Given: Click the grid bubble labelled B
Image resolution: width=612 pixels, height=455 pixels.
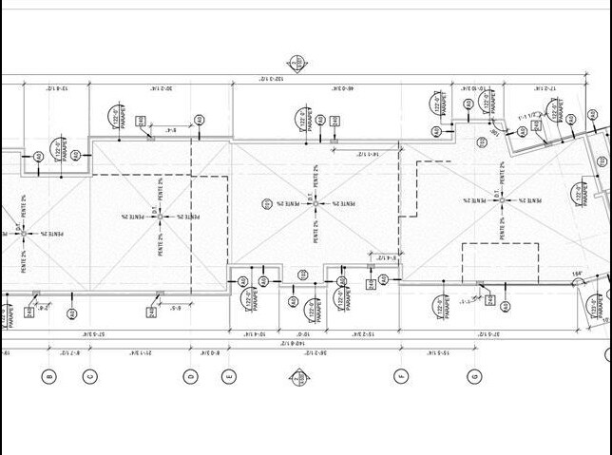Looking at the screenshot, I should [x=49, y=376].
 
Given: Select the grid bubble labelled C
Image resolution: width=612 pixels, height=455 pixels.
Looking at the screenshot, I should [x=89, y=376].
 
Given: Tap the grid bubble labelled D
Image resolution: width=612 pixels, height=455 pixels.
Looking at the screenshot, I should [x=190, y=376].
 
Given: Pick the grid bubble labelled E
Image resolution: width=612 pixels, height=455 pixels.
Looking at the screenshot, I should [x=229, y=376].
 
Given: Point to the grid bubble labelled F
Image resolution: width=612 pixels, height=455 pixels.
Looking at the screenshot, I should [x=401, y=376].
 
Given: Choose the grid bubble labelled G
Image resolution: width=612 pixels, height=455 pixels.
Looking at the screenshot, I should [x=474, y=376].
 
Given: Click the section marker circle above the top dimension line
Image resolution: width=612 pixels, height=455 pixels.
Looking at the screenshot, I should [x=297, y=64].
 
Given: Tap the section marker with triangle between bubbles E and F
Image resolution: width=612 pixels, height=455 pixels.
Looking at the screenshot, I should [x=297, y=377].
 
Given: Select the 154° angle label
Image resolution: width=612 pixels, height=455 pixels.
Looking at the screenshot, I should [x=576, y=275].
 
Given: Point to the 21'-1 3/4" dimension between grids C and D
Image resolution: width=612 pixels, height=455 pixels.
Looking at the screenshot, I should [x=140, y=352].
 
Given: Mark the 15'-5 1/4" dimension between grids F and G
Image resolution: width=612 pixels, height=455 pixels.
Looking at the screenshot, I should [x=436, y=352].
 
